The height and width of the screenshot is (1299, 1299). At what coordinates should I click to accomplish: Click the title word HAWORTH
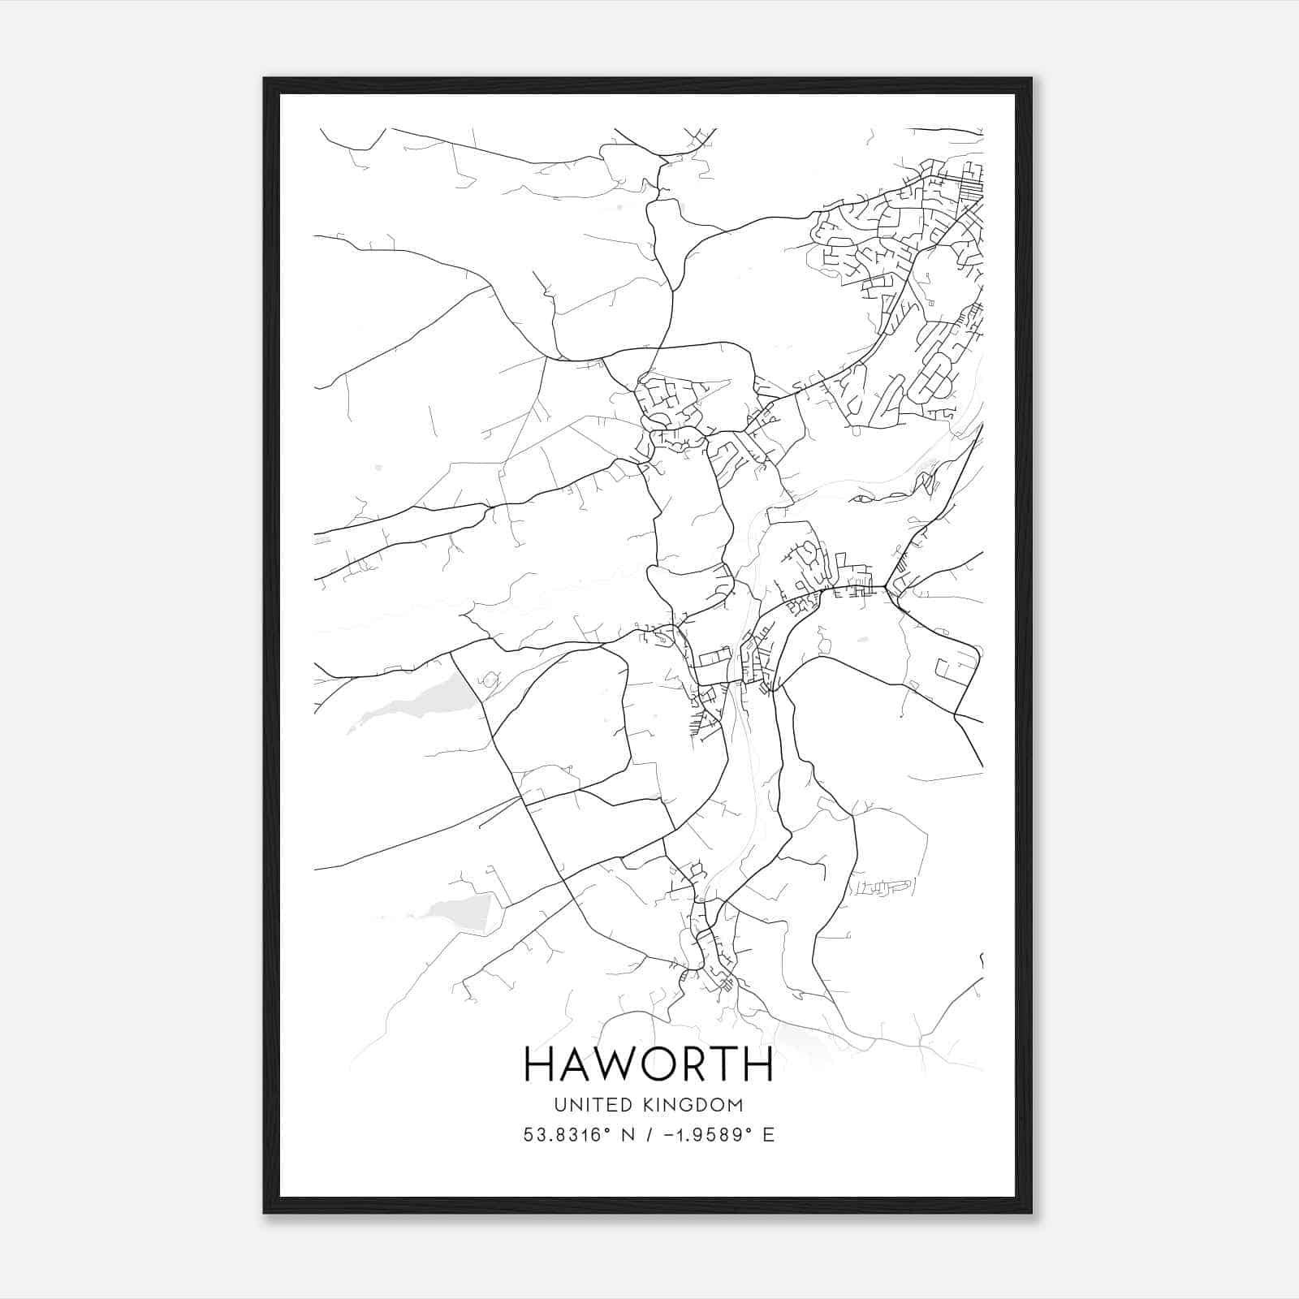pyautogui.click(x=649, y=1064)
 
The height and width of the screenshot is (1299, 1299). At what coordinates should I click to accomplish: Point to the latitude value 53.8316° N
pyautogui.click(x=578, y=1135)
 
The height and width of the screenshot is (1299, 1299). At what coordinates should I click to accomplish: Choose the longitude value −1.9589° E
pyautogui.click(x=719, y=1135)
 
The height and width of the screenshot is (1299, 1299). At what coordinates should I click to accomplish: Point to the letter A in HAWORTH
pyautogui.click(x=574, y=1064)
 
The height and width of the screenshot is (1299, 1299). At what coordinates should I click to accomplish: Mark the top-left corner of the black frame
pyautogui.click(x=265, y=79)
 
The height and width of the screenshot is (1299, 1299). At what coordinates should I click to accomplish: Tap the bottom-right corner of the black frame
pyautogui.click(x=1031, y=1212)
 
